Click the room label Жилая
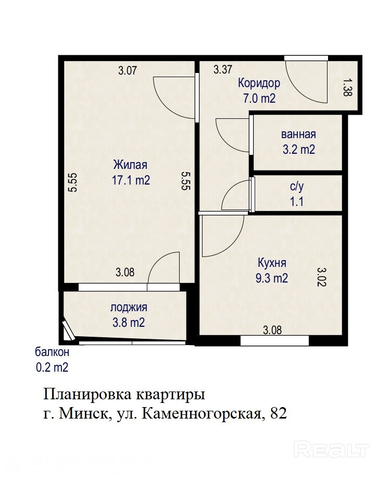pyautogui.click(x=130, y=165)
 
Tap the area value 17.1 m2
pyautogui.click(x=131, y=180)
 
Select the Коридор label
pyautogui.click(x=259, y=83)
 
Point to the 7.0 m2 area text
pyautogui.click(x=259, y=99)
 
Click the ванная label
pyautogui.click(x=298, y=134)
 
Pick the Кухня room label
pyautogui.click(x=272, y=263)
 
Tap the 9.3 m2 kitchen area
pyautogui.click(x=272, y=278)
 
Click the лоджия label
pyautogui.click(x=129, y=308)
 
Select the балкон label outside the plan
pyautogui.click(x=52, y=352)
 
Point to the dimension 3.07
pyautogui.click(x=128, y=71)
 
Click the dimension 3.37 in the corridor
pyautogui.click(x=223, y=69)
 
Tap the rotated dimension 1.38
pyautogui.click(x=347, y=88)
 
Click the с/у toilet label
pyautogui.click(x=297, y=187)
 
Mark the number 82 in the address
pyautogui.click(x=278, y=414)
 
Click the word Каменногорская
pyautogui.click(x=202, y=414)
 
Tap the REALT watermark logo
pyautogui.click(x=332, y=450)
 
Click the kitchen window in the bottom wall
pyautogui.click(x=274, y=340)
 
